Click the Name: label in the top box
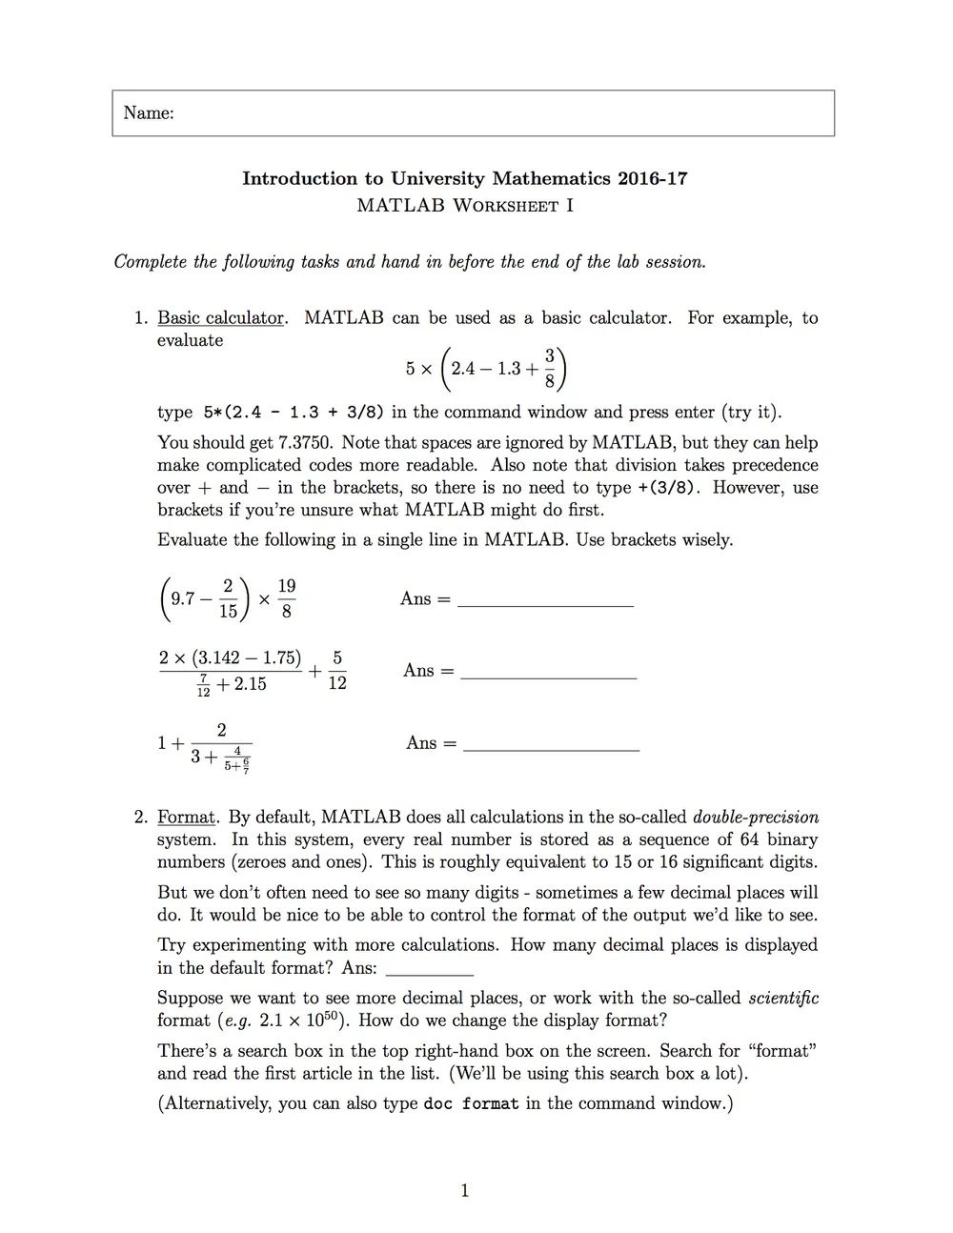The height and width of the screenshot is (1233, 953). tap(149, 113)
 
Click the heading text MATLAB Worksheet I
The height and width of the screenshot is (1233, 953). tap(464, 205)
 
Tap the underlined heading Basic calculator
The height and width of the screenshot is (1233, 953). tap(220, 318)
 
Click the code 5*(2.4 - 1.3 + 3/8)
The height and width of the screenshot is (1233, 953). tap(294, 413)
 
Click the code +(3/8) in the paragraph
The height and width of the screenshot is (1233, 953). tap(668, 488)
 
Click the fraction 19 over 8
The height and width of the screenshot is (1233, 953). tap(286, 598)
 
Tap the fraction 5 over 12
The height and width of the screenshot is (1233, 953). tap(337, 671)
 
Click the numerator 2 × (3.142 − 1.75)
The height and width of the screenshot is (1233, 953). tap(230, 658)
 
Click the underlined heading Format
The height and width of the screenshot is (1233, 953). tap(187, 818)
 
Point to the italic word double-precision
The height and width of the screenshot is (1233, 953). tap(755, 818)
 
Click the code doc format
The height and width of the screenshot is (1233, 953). tap(471, 1104)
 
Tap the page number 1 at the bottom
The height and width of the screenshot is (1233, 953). tap(464, 1190)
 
